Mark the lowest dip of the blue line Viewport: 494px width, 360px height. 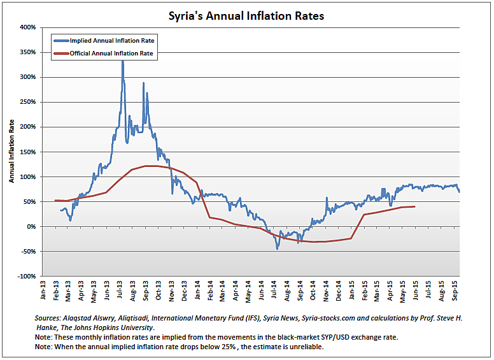[x=277, y=248]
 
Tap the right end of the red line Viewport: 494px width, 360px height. [x=415, y=206]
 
